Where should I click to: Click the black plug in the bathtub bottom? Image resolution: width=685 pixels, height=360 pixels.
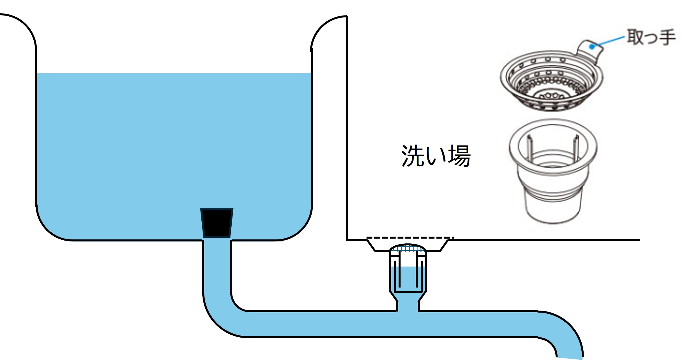217,223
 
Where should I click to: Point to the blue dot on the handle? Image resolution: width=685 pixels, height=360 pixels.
592,47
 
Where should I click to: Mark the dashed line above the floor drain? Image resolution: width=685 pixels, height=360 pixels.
410,237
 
